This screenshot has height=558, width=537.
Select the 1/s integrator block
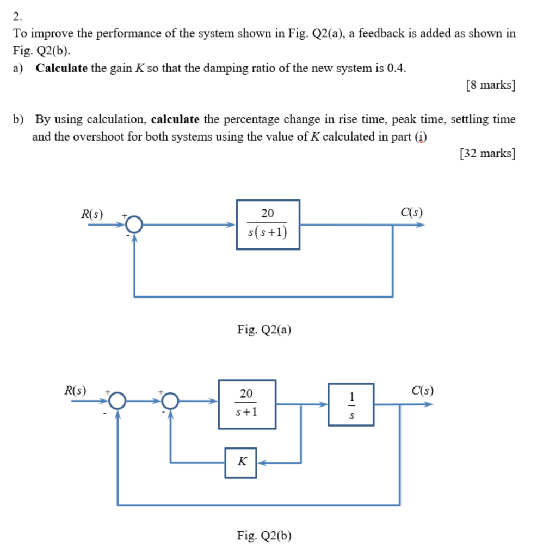351,404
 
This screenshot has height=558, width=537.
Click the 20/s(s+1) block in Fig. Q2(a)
268,224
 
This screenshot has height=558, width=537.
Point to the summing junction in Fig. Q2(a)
134,224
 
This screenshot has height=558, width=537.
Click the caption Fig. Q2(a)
264,329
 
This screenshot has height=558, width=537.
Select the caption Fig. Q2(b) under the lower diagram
264,536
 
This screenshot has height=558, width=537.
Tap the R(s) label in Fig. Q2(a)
92,214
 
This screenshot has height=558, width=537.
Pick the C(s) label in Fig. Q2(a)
410,213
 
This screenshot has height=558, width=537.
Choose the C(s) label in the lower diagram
423,391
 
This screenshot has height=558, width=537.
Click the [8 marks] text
491,86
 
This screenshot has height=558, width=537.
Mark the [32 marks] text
487,154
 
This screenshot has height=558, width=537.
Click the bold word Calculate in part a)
62,68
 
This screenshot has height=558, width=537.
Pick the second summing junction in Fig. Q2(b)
171,403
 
